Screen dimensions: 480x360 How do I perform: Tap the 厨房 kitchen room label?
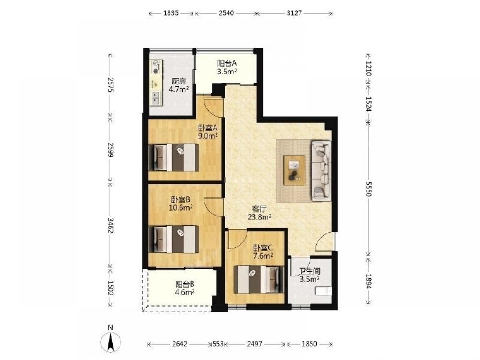pyautogui.click(x=178, y=81)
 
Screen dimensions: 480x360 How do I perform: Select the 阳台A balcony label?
pyautogui.click(x=227, y=63)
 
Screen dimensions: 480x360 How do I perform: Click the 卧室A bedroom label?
pyautogui.click(x=207, y=127)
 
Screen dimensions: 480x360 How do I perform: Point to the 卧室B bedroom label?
pyautogui.click(x=180, y=200)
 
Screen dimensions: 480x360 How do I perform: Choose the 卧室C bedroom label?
pyautogui.click(x=263, y=247)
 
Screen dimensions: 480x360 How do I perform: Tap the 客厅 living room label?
pyautogui.click(x=259, y=209)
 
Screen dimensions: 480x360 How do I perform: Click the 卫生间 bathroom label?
pyautogui.click(x=310, y=271)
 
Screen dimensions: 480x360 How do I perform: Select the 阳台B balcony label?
pyautogui.click(x=185, y=284)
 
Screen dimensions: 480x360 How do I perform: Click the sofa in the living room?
pyautogui.click(x=321, y=170)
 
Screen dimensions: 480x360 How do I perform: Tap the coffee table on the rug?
pyautogui.click(x=294, y=170)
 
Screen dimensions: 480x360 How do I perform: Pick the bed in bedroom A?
pyautogui.click(x=174, y=157)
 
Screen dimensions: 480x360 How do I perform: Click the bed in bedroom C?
pyautogui.click(x=259, y=279)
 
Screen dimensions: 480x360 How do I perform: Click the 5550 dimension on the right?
pyautogui.click(x=368, y=189)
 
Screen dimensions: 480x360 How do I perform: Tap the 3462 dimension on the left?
pyautogui.click(x=111, y=226)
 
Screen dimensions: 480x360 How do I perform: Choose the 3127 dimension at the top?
pyautogui.click(x=295, y=13)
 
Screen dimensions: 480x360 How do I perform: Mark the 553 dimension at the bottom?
pyautogui.click(x=218, y=344)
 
